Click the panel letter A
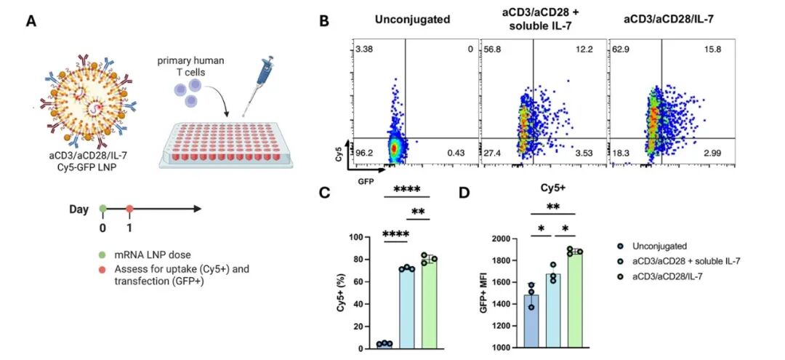(x=32, y=23)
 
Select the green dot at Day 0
(x=102, y=209)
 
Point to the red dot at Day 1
(x=129, y=209)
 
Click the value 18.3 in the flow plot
(x=620, y=153)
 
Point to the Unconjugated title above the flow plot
(x=413, y=20)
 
